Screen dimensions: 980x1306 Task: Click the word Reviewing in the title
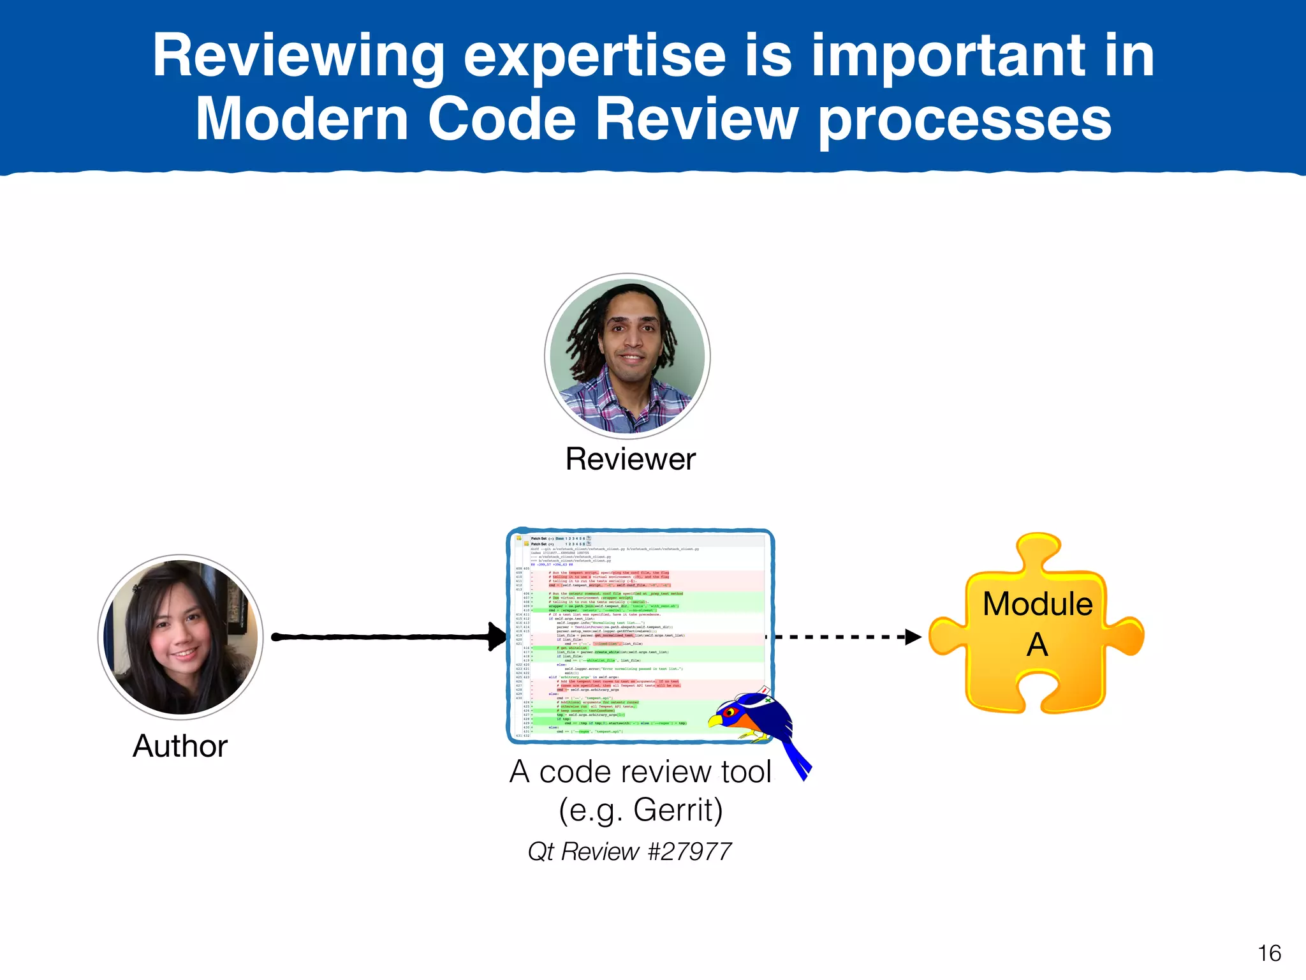click(298, 57)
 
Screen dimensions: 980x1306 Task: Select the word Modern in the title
click(302, 119)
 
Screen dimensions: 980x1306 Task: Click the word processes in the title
click(965, 119)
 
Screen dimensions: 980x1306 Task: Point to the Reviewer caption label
click(630, 459)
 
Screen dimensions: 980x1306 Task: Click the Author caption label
click(180, 746)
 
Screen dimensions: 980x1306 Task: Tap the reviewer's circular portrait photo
click(627, 356)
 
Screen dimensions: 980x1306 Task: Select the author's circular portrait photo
click(181, 637)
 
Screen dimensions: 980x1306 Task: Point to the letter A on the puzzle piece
click(1038, 644)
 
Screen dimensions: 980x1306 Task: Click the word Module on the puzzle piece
click(1038, 604)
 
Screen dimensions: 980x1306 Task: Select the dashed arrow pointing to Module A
click(842, 637)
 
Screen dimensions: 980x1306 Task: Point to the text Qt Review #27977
click(629, 851)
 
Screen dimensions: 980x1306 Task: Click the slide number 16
click(1269, 953)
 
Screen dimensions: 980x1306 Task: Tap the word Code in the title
click(502, 119)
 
